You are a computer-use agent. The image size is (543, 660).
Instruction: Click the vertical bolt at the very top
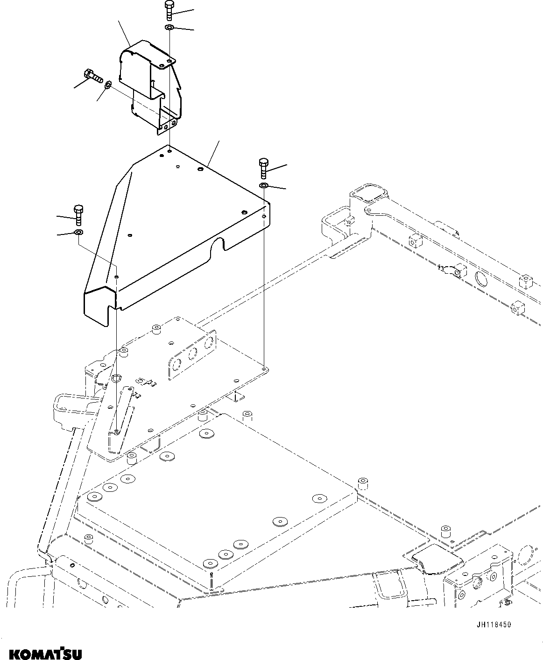169,11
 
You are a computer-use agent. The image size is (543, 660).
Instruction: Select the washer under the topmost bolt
169,28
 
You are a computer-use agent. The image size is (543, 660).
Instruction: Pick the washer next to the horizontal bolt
107,85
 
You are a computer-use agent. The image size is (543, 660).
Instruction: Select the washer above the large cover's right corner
263,187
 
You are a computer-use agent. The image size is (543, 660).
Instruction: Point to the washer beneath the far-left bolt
78,232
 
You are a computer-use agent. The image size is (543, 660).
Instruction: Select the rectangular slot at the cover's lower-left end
112,313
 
